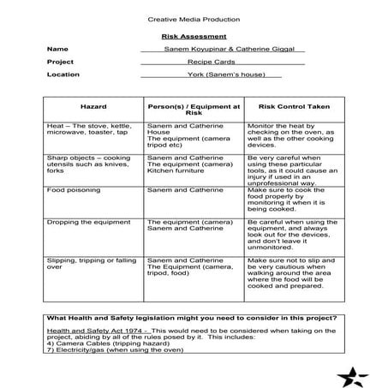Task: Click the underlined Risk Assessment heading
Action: click(194, 37)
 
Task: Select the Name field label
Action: click(57, 50)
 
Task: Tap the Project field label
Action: click(61, 62)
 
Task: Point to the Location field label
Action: click(63, 75)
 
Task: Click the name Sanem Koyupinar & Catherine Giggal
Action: click(223, 50)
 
